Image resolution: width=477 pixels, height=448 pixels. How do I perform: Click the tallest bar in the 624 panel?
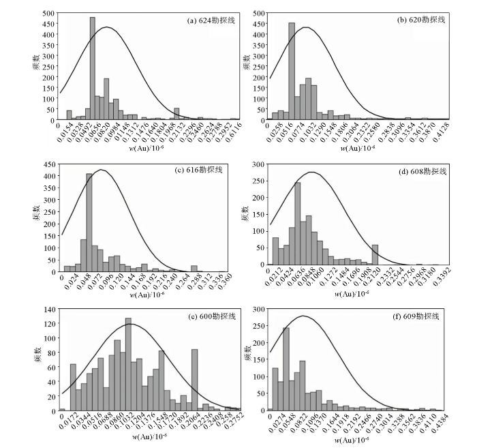(x=92, y=69)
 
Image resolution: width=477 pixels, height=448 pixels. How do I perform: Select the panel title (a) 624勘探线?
(x=211, y=20)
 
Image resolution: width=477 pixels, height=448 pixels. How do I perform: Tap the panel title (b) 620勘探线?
(x=421, y=20)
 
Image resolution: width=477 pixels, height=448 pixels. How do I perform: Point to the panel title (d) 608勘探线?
(x=421, y=170)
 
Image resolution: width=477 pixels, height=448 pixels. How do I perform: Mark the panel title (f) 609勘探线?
(x=420, y=316)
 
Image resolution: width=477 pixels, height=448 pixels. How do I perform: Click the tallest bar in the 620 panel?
(x=292, y=72)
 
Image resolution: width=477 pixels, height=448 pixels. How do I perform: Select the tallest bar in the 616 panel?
(x=89, y=218)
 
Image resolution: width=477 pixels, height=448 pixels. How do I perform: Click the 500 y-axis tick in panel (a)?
(x=50, y=14)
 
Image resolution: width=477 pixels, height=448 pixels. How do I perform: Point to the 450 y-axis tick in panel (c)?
(x=50, y=164)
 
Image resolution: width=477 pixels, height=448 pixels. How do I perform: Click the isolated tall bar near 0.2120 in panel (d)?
(x=375, y=254)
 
